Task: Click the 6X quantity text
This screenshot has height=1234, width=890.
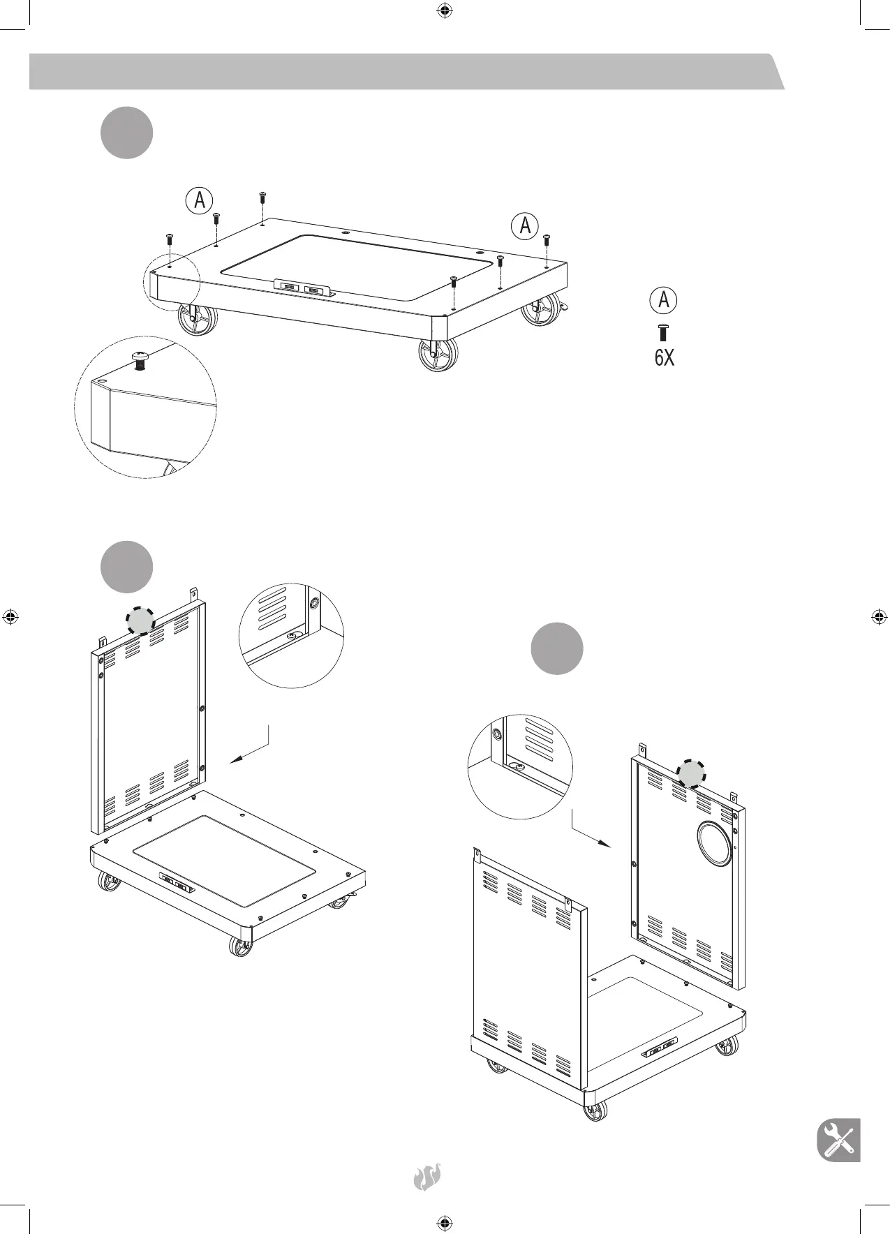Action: click(x=665, y=358)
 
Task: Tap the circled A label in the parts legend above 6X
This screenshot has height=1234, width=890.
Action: click(x=664, y=300)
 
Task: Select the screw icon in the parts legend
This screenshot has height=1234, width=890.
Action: click(x=663, y=332)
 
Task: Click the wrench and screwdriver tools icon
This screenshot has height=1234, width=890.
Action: click(x=838, y=1140)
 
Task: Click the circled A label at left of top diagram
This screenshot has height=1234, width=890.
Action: click(x=200, y=200)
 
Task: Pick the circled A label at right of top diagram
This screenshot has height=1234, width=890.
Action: click(x=525, y=225)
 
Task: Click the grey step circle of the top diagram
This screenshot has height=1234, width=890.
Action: click(x=127, y=133)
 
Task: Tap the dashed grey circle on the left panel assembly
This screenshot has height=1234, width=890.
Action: click(x=141, y=619)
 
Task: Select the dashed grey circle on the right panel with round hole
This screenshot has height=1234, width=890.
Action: click(x=691, y=773)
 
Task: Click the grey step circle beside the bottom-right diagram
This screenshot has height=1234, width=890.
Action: click(x=557, y=648)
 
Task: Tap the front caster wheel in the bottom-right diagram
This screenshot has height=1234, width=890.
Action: click(x=595, y=1111)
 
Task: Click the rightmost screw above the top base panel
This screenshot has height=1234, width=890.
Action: click(x=547, y=239)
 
